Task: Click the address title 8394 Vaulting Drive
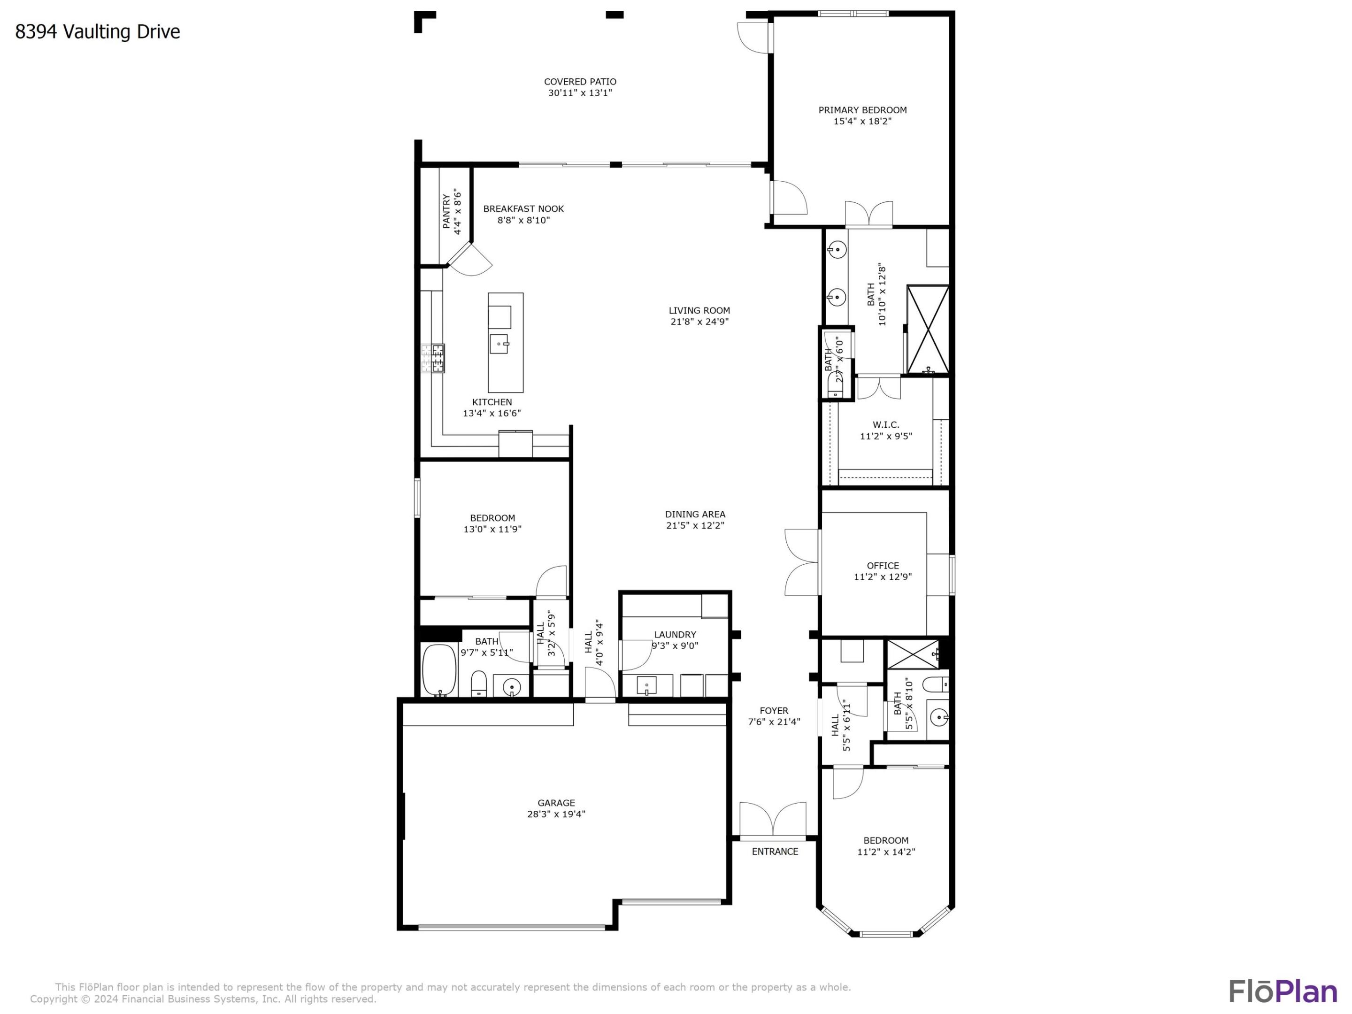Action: click(98, 32)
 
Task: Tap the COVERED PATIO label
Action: click(580, 82)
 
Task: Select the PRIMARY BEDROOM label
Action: click(862, 110)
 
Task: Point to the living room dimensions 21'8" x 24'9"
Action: click(699, 322)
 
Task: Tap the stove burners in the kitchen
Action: click(433, 358)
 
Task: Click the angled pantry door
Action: click(469, 259)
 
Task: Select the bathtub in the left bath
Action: click(439, 670)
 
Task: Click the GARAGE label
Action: click(556, 803)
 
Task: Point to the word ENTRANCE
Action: click(775, 852)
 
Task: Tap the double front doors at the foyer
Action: click(773, 820)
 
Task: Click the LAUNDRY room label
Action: click(675, 634)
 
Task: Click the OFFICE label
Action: click(883, 565)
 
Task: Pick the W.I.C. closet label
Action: click(886, 425)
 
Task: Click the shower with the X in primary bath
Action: click(928, 330)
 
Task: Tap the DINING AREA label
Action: click(695, 514)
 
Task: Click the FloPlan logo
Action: click(1283, 991)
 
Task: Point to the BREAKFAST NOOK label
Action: click(523, 209)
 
